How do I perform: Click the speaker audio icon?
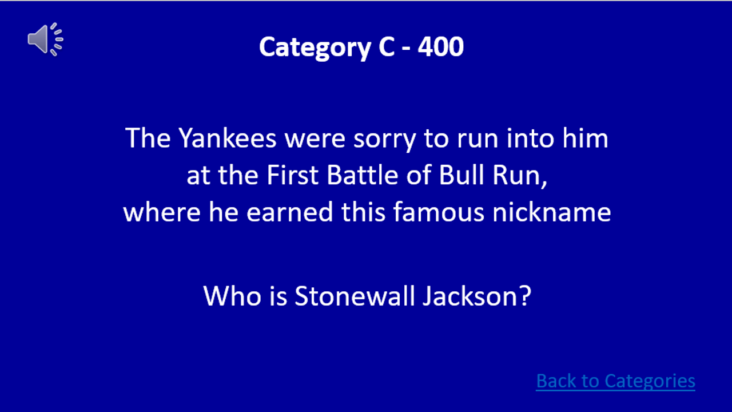tap(45, 39)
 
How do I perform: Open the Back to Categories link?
tap(615, 381)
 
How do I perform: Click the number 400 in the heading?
tap(440, 47)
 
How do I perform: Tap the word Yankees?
tap(228, 139)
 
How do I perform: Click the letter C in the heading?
tap(383, 47)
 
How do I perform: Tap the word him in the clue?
tap(588, 139)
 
